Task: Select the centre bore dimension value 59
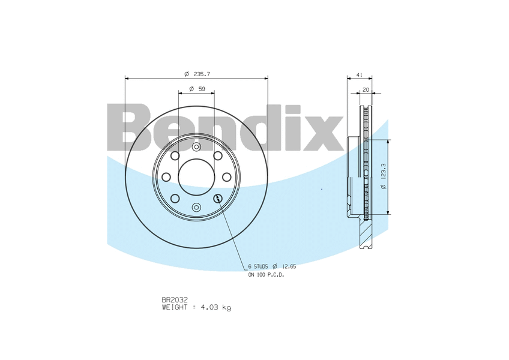point(202,89)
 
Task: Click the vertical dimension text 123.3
point(384,177)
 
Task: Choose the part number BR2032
point(175,299)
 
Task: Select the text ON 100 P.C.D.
point(266,275)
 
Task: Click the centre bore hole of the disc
point(196,177)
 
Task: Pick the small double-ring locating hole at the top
point(196,147)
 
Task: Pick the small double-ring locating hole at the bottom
point(196,207)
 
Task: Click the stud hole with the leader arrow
point(217,199)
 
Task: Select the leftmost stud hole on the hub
point(166,177)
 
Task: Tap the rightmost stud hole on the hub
point(226,177)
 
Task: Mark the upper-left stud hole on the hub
point(175,156)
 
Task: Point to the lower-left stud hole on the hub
point(175,199)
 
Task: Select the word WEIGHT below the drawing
point(175,307)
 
